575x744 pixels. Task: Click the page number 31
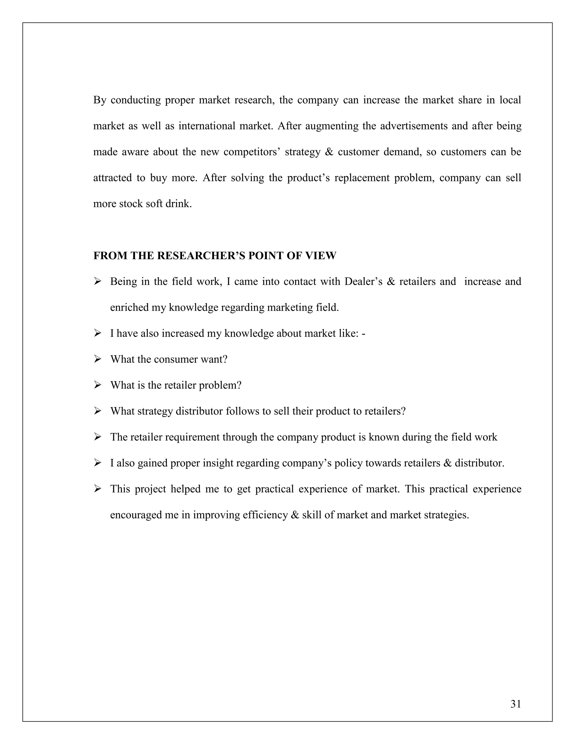click(515, 704)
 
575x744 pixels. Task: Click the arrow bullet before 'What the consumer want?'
click(98, 359)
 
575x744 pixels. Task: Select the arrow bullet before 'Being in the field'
click(98, 281)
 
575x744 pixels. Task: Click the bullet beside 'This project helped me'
click(98, 489)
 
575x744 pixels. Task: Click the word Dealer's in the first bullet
click(364, 281)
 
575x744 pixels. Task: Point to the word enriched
click(129, 308)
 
